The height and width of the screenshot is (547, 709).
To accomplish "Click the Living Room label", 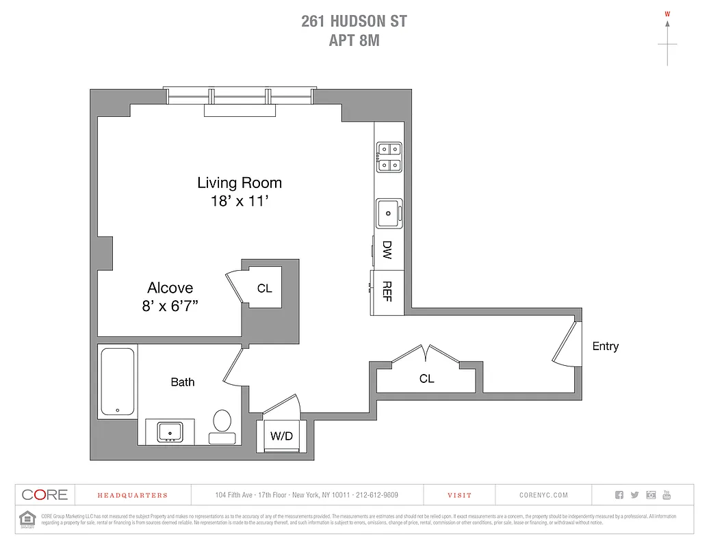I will (240, 183).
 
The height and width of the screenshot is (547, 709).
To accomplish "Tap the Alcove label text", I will (170, 288).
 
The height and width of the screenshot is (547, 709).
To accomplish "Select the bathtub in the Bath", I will (117, 382).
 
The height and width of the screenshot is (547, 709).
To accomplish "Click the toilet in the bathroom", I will (222, 424).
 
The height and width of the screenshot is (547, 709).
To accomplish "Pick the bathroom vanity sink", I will (170, 432).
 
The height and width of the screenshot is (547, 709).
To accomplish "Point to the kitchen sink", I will (389, 213).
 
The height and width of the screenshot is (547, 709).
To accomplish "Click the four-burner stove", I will (389, 157).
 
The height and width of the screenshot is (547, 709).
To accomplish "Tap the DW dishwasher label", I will (387, 250).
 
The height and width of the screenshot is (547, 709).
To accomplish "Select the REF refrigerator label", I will (387, 291).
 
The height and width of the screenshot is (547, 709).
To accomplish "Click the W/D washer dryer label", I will (281, 436).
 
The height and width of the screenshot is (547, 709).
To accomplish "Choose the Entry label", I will (605, 346).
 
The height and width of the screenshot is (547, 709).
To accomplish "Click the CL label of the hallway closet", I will (426, 378).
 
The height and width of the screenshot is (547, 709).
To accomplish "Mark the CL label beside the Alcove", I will (265, 289).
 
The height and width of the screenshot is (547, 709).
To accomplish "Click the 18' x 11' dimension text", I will (239, 201).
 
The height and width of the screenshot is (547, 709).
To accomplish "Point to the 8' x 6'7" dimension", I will (170, 306).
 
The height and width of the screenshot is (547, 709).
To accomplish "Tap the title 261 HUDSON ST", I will (354, 21).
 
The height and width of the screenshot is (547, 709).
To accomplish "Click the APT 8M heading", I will (354, 40).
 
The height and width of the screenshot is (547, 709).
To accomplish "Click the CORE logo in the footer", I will (44, 494).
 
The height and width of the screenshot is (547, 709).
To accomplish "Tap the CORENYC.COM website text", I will (539, 495).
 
